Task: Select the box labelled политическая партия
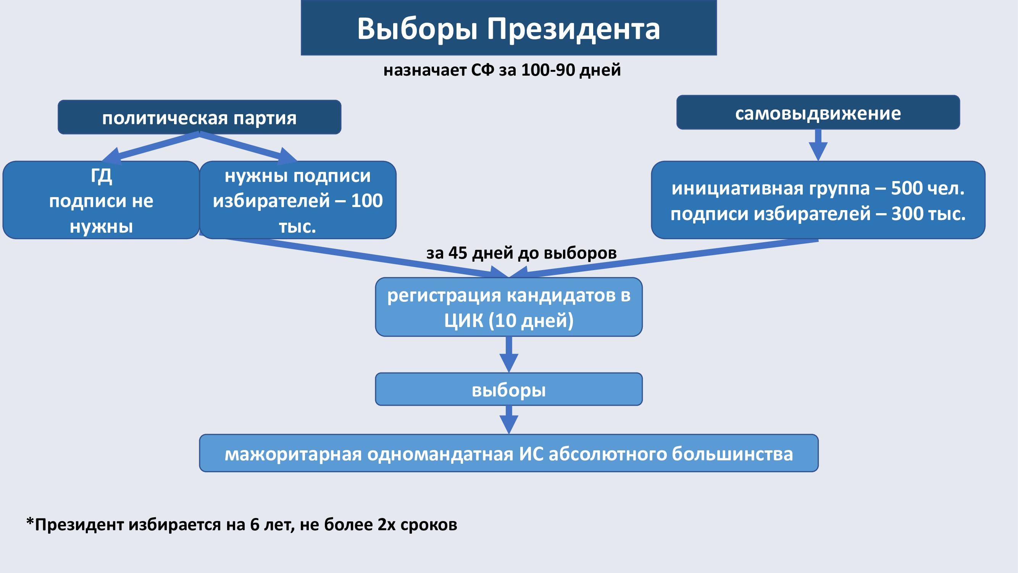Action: pyautogui.click(x=200, y=117)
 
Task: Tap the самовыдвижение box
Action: pyautogui.click(x=818, y=112)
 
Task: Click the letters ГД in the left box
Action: pyautogui.click(x=102, y=176)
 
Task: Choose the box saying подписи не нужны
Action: pyautogui.click(x=101, y=200)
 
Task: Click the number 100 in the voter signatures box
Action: pyautogui.click(x=367, y=201)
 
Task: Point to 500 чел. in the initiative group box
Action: pyautogui.click(x=928, y=188)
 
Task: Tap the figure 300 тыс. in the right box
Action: pyautogui.click(x=928, y=214)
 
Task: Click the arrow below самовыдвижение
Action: pyautogui.click(x=818, y=145)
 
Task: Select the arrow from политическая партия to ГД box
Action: pyautogui.click(x=150, y=147)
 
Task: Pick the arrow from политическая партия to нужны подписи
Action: pyautogui.click(x=248, y=147)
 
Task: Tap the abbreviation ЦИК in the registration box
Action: pyautogui.click(x=463, y=320)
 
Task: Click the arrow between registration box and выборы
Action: pyautogui.click(x=509, y=354)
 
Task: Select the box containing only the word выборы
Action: pyautogui.click(x=509, y=389)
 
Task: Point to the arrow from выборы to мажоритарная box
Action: pyautogui.click(x=509, y=420)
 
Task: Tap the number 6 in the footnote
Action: pyautogui.click(x=255, y=525)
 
